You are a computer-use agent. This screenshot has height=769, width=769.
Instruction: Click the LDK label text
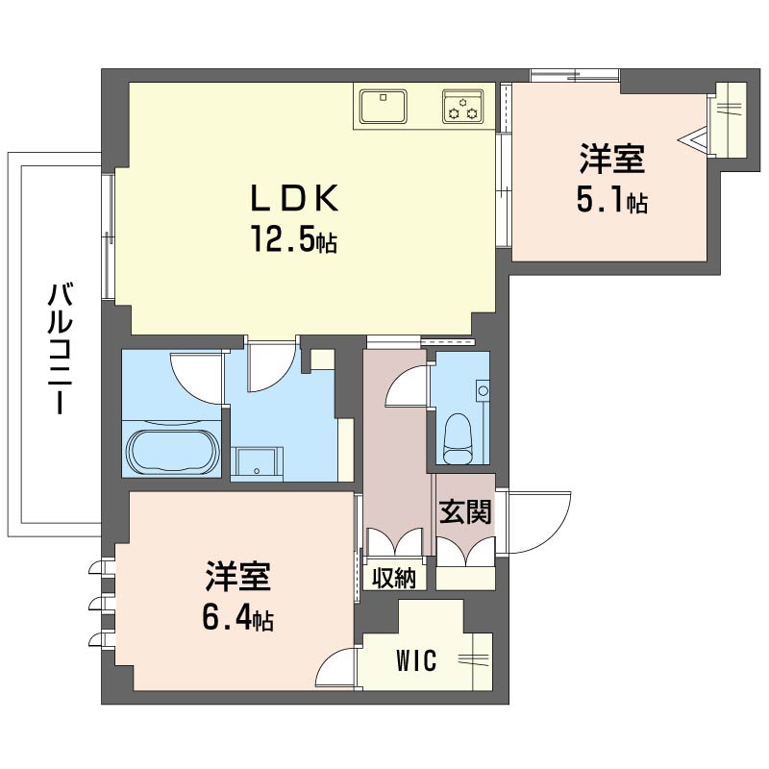pos(294,197)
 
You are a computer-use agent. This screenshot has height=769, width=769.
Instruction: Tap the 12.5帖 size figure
pos(294,238)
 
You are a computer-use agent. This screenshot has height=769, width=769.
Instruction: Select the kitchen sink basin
pos(383,106)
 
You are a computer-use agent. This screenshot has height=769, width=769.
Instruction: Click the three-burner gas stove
pos(463,106)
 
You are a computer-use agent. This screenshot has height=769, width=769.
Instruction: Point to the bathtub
pos(173,452)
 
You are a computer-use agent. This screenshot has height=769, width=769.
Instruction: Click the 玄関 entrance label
pos(464,511)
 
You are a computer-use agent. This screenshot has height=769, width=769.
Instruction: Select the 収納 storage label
pos(394,579)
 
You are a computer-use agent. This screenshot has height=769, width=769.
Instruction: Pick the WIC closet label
pos(416,660)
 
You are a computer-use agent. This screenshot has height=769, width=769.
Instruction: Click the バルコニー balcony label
pos(60,349)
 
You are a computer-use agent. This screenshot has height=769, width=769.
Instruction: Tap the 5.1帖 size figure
pos(611,201)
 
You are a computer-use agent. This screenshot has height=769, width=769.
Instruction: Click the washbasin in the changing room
pos(257,461)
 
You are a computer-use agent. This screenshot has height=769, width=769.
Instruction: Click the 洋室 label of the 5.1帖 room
pos(611,159)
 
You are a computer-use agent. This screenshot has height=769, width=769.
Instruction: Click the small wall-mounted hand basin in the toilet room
pos(483,391)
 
